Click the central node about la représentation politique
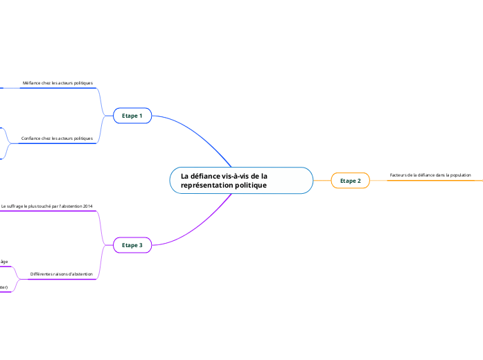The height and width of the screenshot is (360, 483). click(x=241, y=181)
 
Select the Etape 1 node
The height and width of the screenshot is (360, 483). click(x=132, y=116)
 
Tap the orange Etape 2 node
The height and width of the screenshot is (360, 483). click(x=350, y=181)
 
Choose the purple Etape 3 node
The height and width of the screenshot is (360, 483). click(x=132, y=245)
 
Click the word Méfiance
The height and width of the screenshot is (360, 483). click(x=32, y=83)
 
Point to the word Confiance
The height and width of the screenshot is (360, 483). click(x=31, y=138)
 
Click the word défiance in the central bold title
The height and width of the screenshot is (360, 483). click(x=204, y=176)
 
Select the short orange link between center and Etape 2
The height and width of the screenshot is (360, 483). click(x=322, y=181)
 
